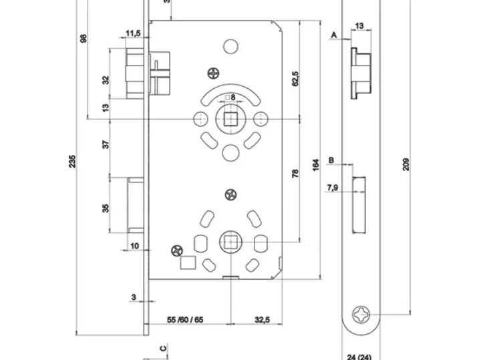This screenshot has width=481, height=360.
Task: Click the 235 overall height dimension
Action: pos(73,161)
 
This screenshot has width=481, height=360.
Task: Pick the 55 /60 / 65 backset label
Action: pos(184,320)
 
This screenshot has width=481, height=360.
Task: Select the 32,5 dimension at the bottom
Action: pos(262,320)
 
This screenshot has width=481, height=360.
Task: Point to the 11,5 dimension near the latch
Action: pos(132,33)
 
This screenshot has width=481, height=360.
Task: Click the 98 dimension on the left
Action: pos(84,38)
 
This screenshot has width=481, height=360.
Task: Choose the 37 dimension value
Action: pos(106,144)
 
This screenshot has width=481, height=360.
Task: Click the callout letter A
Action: pos(333,34)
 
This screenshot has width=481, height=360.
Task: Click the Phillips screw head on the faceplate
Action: pos(363,313)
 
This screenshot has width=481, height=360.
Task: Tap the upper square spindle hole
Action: pos(230,119)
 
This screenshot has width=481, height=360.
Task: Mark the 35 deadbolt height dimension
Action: pos(106,208)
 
